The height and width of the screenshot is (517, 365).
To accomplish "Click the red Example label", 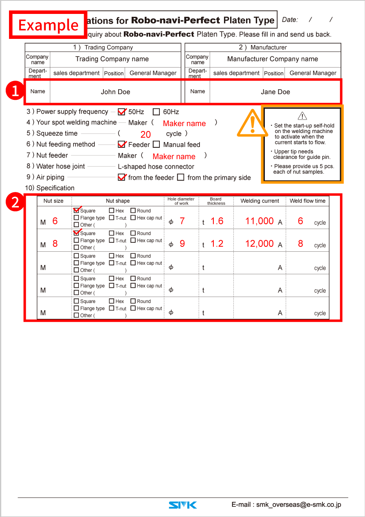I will click(48, 25).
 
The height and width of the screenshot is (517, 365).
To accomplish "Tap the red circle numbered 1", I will click(15, 91).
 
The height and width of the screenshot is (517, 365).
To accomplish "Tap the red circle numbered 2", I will click(15, 202).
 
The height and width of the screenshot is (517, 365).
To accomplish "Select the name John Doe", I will click(115, 92).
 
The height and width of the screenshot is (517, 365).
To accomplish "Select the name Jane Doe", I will click(275, 92).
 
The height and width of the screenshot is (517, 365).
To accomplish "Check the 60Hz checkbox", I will click(156, 112).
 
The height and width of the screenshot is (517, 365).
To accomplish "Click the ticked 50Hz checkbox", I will click(121, 112).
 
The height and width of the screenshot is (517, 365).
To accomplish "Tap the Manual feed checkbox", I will click(156, 144).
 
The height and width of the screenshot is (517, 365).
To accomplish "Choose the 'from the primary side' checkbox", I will click(181, 178).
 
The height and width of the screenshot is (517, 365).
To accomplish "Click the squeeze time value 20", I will click(146, 134).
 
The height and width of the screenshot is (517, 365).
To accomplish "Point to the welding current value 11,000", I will click(259, 221).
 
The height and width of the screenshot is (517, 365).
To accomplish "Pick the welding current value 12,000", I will click(259, 244).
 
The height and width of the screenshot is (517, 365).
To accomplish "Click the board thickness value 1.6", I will click(217, 221).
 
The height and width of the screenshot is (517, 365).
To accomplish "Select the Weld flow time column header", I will click(307, 201).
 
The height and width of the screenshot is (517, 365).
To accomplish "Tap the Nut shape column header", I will click(118, 201).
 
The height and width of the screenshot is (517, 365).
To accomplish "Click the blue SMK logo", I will click(183, 505).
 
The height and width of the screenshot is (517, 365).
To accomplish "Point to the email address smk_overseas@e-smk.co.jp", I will click(298, 505).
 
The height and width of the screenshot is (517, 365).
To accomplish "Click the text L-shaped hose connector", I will click(156, 167).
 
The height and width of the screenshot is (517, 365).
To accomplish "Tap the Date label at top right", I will click(290, 20).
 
